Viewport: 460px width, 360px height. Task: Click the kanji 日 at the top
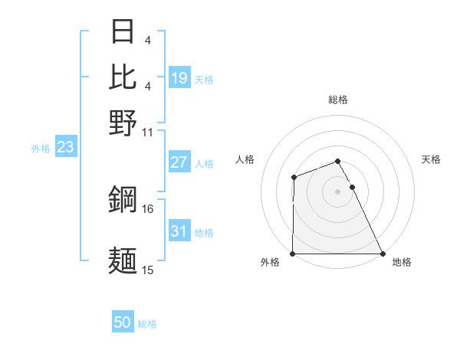pyautogui.click(x=123, y=33)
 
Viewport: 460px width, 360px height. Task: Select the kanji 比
pyautogui.click(x=123, y=77)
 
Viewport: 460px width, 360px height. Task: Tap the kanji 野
pyautogui.click(x=123, y=121)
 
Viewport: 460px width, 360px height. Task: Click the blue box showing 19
pyautogui.click(x=179, y=77)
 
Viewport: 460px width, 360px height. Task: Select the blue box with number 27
pyautogui.click(x=179, y=162)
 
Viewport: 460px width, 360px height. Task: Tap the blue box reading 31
pyautogui.click(x=179, y=231)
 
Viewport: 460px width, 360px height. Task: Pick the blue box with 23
pyautogui.click(x=65, y=147)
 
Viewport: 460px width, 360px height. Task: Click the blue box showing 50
pyautogui.click(x=123, y=322)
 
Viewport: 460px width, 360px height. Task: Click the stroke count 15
pyautogui.click(x=148, y=270)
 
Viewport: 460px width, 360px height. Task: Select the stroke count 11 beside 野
pyautogui.click(x=148, y=131)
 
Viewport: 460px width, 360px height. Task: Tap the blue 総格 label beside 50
pyautogui.click(x=147, y=324)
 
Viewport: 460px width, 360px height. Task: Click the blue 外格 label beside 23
pyautogui.click(x=40, y=149)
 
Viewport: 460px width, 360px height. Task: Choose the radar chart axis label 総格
pyautogui.click(x=337, y=100)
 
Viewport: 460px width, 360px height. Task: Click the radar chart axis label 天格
pyautogui.click(x=431, y=159)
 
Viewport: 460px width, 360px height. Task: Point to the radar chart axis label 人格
pyautogui.click(x=245, y=159)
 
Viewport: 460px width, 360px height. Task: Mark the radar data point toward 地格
pyautogui.click(x=383, y=254)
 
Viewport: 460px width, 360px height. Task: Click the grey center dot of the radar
pyautogui.click(x=337, y=191)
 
